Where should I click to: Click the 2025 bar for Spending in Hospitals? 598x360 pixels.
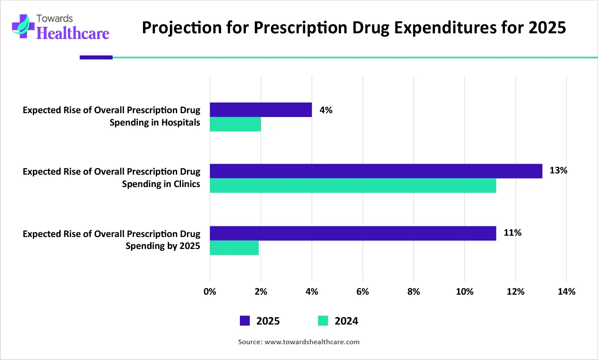coord(260,110)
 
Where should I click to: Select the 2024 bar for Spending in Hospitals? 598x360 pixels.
coord(235,124)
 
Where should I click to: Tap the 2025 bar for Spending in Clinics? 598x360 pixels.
coord(376,171)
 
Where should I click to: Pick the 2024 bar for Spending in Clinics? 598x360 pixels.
coord(353,186)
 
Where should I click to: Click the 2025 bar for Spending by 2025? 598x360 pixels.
coord(353,233)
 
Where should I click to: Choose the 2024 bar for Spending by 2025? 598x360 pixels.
coord(234,248)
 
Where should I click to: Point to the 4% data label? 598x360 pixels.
coord(326,110)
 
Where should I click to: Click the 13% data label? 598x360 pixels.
coord(558,171)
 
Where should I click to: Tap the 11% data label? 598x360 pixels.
coord(512,233)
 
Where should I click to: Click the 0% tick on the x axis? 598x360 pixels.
coord(210,292)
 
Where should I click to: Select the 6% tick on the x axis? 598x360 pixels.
coord(362,292)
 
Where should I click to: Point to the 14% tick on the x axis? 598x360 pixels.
coord(566,292)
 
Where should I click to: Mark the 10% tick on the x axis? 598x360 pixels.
coord(464,292)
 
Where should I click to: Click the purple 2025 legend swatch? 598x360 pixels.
coord(245,321)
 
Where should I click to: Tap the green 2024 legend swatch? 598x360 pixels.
coord(323,321)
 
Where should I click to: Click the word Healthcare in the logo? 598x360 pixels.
coord(73,33)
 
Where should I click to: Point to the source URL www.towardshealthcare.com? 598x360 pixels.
coord(312,342)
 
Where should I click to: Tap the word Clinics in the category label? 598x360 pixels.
coord(187,184)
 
